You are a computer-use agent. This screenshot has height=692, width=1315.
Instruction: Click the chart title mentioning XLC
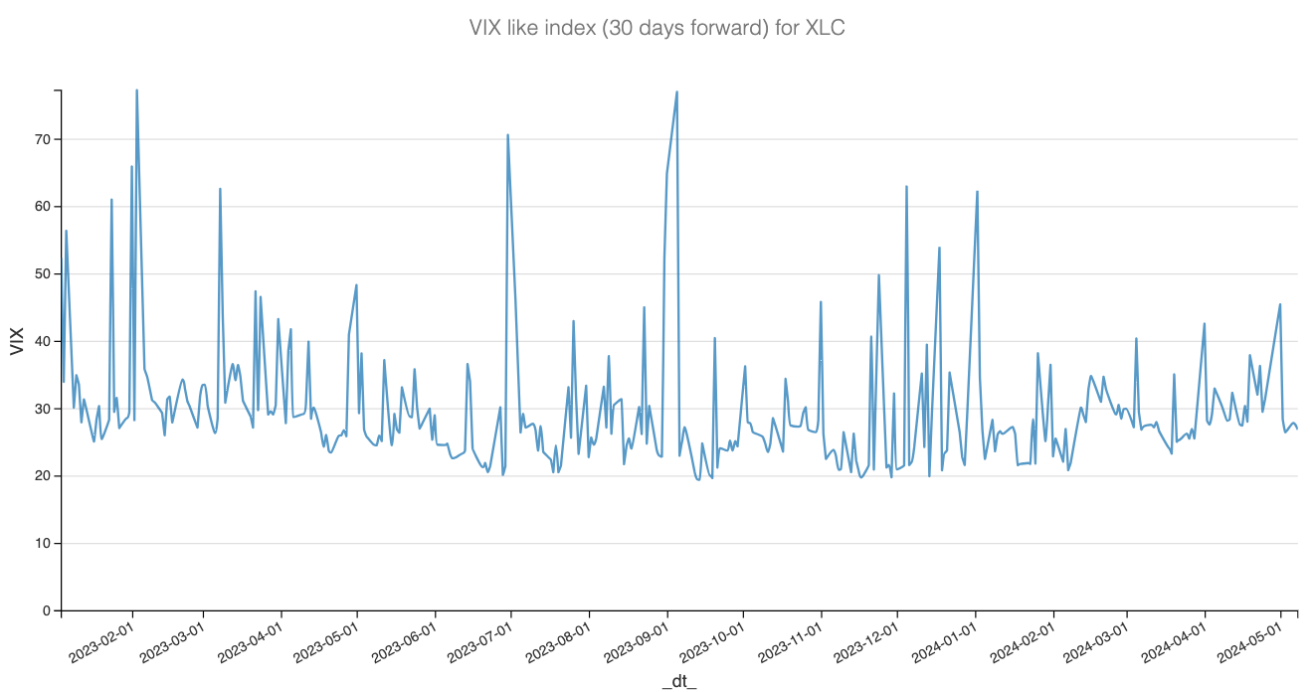657,28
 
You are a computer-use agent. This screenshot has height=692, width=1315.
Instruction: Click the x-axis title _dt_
679,681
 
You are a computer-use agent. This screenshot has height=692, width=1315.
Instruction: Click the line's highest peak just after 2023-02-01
136,90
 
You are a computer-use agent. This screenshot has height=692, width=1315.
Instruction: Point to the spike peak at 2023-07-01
507,135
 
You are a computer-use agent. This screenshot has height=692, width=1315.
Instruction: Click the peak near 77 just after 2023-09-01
677,92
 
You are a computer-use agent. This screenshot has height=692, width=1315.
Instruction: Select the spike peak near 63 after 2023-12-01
906,186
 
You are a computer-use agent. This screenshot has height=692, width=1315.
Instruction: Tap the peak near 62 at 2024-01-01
978,192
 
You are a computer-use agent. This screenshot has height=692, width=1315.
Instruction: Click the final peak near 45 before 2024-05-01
1280,304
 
